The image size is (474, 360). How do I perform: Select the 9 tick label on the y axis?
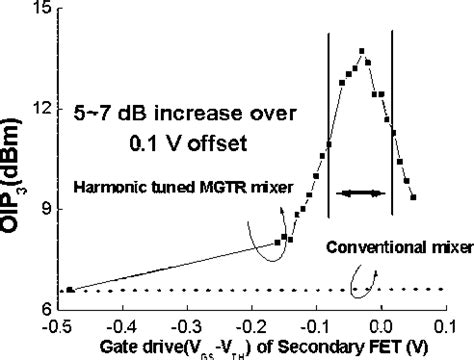tap(46, 209)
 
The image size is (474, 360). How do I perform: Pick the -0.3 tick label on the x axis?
tap(188, 326)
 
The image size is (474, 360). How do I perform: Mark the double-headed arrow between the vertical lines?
tap(360, 191)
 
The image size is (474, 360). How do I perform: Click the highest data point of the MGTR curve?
tap(361, 51)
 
